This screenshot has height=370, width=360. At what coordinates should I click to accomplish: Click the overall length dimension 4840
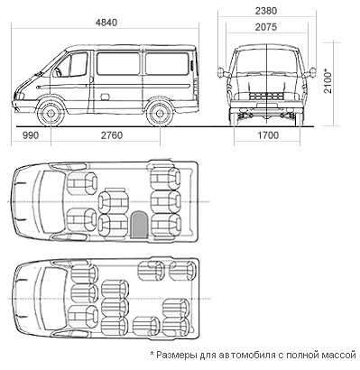pyautogui.click(x=106, y=23)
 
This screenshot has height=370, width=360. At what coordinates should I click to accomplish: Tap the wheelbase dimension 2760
pyautogui.click(x=112, y=135)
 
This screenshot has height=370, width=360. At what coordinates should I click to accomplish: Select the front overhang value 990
pyautogui.click(x=31, y=135)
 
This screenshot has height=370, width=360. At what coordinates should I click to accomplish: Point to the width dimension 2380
pyautogui.click(x=266, y=11)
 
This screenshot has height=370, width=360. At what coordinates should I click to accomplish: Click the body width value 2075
pyautogui.click(x=266, y=27)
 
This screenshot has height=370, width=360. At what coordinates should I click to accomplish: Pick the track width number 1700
pyautogui.click(x=268, y=135)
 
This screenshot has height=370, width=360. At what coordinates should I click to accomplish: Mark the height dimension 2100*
pyautogui.click(x=328, y=81)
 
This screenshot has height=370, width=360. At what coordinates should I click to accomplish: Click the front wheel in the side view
pyautogui.click(x=51, y=113)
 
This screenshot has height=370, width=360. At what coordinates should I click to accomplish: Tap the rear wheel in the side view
pyautogui.click(x=160, y=113)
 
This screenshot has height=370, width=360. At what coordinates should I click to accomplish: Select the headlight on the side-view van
pyautogui.click(x=20, y=96)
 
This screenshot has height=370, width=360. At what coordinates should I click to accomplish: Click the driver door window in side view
pyautogui.click(x=72, y=65)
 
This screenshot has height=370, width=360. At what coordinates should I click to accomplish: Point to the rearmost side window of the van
pyautogui.click(x=167, y=63)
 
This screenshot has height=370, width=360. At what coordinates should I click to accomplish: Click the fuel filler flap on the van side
pyautogui.click(x=105, y=97)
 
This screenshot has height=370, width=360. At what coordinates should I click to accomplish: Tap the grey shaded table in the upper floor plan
pyautogui.click(x=139, y=225)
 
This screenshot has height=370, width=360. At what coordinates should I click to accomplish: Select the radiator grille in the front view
pyautogui.click(x=267, y=97)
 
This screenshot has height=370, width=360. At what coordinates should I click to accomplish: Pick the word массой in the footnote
pyautogui.click(x=339, y=356)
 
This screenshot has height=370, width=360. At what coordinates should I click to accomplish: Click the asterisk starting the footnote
pyautogui.click(x=152, y=353)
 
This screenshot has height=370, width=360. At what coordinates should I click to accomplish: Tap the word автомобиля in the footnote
pyautogui.click(x=247, y=356)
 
